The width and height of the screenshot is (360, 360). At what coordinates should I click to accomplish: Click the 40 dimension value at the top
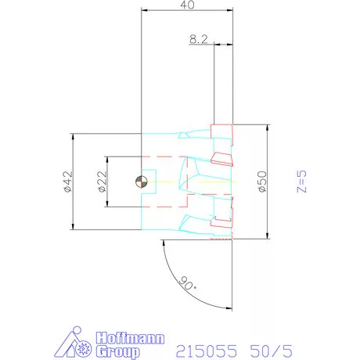[187, 5]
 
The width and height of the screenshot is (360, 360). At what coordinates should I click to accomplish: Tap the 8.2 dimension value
[199, 39]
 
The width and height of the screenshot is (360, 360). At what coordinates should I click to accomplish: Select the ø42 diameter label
[67, 182]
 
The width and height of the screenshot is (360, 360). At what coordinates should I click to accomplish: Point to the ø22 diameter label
[103, 182]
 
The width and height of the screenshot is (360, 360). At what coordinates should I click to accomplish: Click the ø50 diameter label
[262, 182]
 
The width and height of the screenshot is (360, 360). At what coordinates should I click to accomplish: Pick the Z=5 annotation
[301, 182]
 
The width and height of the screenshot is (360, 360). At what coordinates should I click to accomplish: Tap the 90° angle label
[188, 283]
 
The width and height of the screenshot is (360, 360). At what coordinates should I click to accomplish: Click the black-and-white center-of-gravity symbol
[142, 182]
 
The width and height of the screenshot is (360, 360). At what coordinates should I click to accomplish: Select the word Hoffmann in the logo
[130, 338]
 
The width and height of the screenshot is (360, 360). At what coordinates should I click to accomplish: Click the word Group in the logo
[117, 351]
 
